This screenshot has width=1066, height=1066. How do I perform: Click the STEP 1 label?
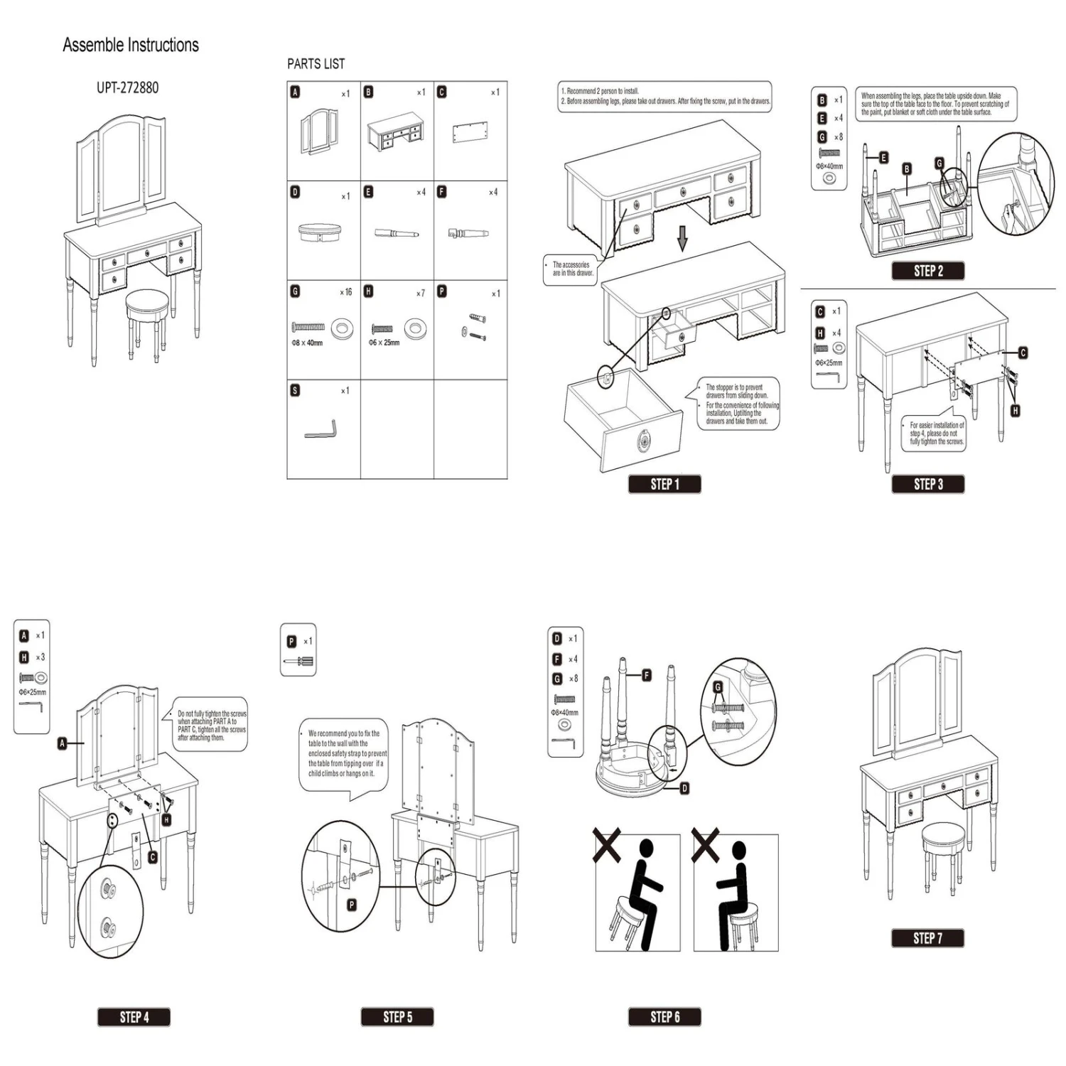tap(664, 484)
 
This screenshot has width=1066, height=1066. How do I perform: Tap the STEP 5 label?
tap(397, 1017)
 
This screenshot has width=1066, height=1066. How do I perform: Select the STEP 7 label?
tap(927, 938)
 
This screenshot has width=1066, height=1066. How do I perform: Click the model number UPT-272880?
tap(128, 87)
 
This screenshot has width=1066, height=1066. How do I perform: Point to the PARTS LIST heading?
tap(316, 64)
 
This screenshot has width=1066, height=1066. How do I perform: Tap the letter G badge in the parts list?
tap(295, 291)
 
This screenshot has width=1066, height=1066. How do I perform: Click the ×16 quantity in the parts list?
tap(345, 292)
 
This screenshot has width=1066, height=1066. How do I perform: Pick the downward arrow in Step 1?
tap(682, 239)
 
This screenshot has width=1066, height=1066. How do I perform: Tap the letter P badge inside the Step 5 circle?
tap(351, 905)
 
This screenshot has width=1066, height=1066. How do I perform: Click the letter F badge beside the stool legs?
tap(646, 675)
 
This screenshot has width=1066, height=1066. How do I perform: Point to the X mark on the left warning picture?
tap(607, 847)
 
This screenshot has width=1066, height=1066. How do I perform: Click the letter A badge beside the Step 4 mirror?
tap(63, 743)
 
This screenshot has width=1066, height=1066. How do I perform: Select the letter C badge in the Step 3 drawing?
tap(1023, 352)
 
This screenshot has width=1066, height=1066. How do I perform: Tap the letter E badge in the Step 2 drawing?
tap(883, 158)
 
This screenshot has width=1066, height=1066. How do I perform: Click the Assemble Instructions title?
tap(131, 45)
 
